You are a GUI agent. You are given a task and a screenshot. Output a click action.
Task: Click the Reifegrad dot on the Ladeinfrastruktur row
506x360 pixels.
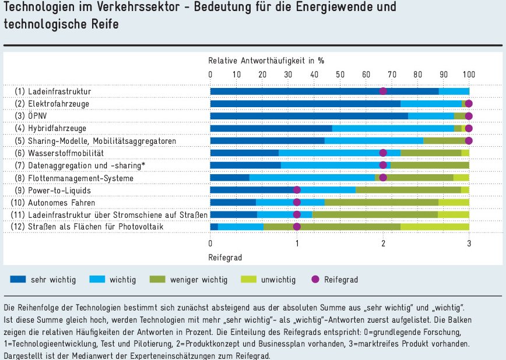(x=383, y=91)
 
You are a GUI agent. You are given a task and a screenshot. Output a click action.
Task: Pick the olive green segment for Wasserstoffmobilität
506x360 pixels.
(x=431, y=153)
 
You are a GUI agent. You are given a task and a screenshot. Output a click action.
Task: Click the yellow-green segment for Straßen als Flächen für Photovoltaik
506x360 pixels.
(x=435, y=227)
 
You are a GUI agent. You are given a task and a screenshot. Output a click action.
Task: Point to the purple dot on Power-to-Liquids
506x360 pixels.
(x=297, y=190)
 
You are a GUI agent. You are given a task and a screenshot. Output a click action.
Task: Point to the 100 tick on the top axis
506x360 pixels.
(x=469, y=74)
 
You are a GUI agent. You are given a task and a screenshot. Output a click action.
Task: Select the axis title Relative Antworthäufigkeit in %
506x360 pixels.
(x=266, y=60)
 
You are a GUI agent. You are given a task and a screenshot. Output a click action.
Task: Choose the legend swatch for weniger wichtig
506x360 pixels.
(x=159, y=279)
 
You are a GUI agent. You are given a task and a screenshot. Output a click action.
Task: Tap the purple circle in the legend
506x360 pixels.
(x=315, y=279)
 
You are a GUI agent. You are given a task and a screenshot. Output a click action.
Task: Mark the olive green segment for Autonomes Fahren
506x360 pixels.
(x=381, y=202)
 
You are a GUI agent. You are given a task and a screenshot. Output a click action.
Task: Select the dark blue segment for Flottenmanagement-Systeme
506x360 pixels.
(x=230, y=178)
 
